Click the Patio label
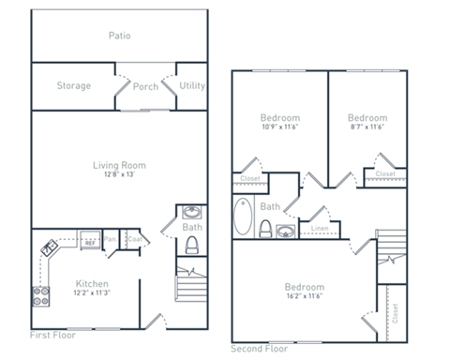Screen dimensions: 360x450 (x=119, y=37)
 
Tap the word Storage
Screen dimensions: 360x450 (x=73, y=86)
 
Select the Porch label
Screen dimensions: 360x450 (x=145, y=87)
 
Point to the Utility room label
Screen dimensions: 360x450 (x=191, y=85)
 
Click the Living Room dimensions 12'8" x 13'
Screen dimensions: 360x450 (x=119, y=174)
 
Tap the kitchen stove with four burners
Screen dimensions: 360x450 (x=41, y=296)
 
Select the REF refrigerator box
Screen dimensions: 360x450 (x=90, y=240)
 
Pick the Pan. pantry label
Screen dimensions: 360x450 (x=111, y=239)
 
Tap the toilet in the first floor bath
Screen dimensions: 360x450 (x=192, y=246)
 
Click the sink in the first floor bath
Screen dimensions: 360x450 (x=192, y=212)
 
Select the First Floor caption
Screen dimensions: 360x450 (x=52, y=335)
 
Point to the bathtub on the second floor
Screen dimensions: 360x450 (x=244, y=216)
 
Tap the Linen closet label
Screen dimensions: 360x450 (x=319, y=228)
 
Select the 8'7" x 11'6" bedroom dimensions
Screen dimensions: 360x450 (x=366, y=127)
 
